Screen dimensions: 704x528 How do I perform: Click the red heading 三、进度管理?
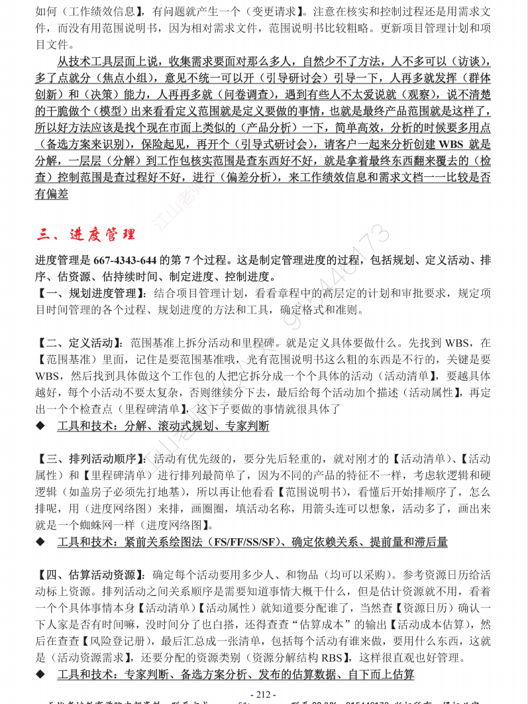pos(86,234)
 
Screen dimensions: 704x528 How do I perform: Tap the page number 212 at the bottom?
pos(264,694)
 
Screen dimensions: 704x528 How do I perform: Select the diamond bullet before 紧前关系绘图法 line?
pos(40,542)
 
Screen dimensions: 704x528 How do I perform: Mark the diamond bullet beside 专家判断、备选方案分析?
pos(40,675)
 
